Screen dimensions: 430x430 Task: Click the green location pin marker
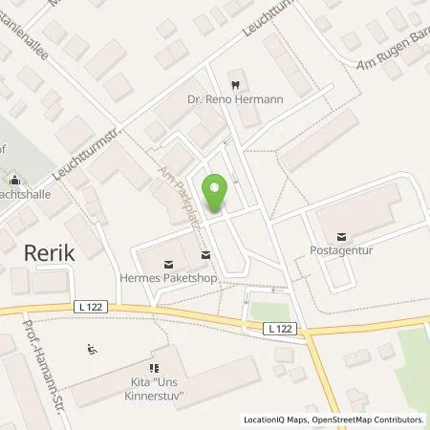(216, 194)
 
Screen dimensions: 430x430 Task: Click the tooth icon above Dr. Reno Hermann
(232, 82)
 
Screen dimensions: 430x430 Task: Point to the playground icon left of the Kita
(91, 349)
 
